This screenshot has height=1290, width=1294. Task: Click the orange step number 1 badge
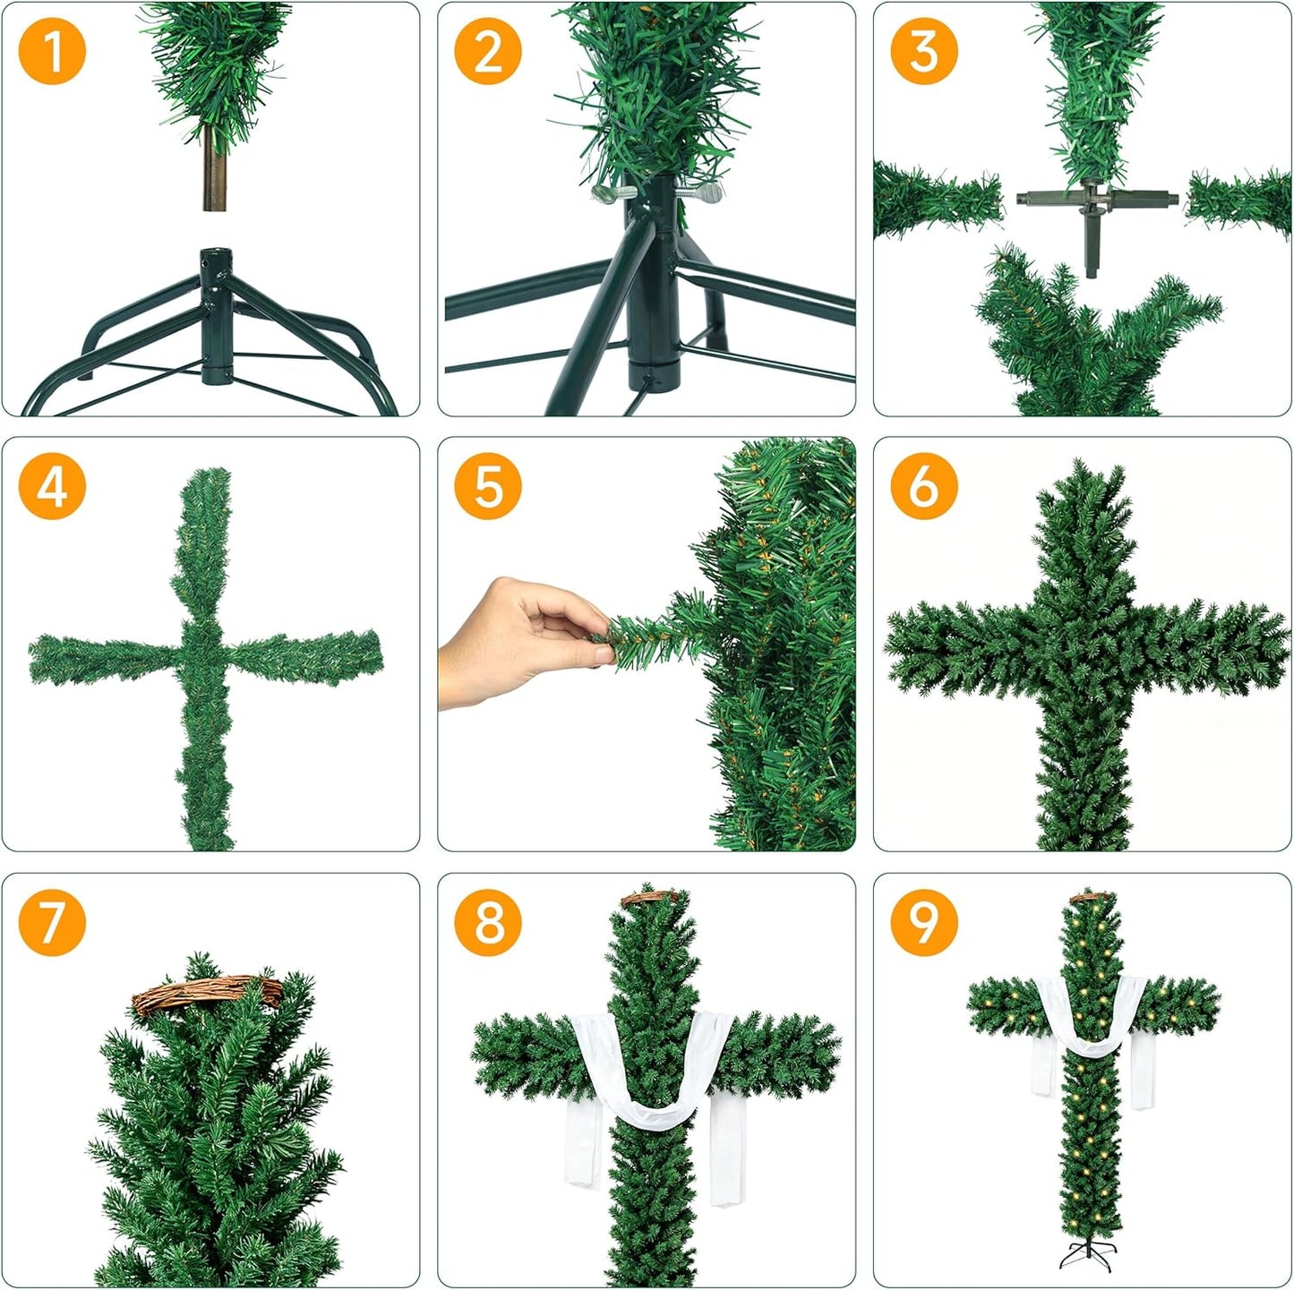click(x=52, y=51)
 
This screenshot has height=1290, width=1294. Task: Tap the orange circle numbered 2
click(x=488, y=51)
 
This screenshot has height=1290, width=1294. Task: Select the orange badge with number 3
click(x=924, y=51)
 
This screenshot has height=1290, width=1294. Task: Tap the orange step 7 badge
click(x=52, y=922)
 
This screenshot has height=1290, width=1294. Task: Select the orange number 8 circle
click(x=488, y=922)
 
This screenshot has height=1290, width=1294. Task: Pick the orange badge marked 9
click(x=924, y=922)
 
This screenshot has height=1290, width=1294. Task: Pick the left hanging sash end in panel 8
click(x=581, y=1146)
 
